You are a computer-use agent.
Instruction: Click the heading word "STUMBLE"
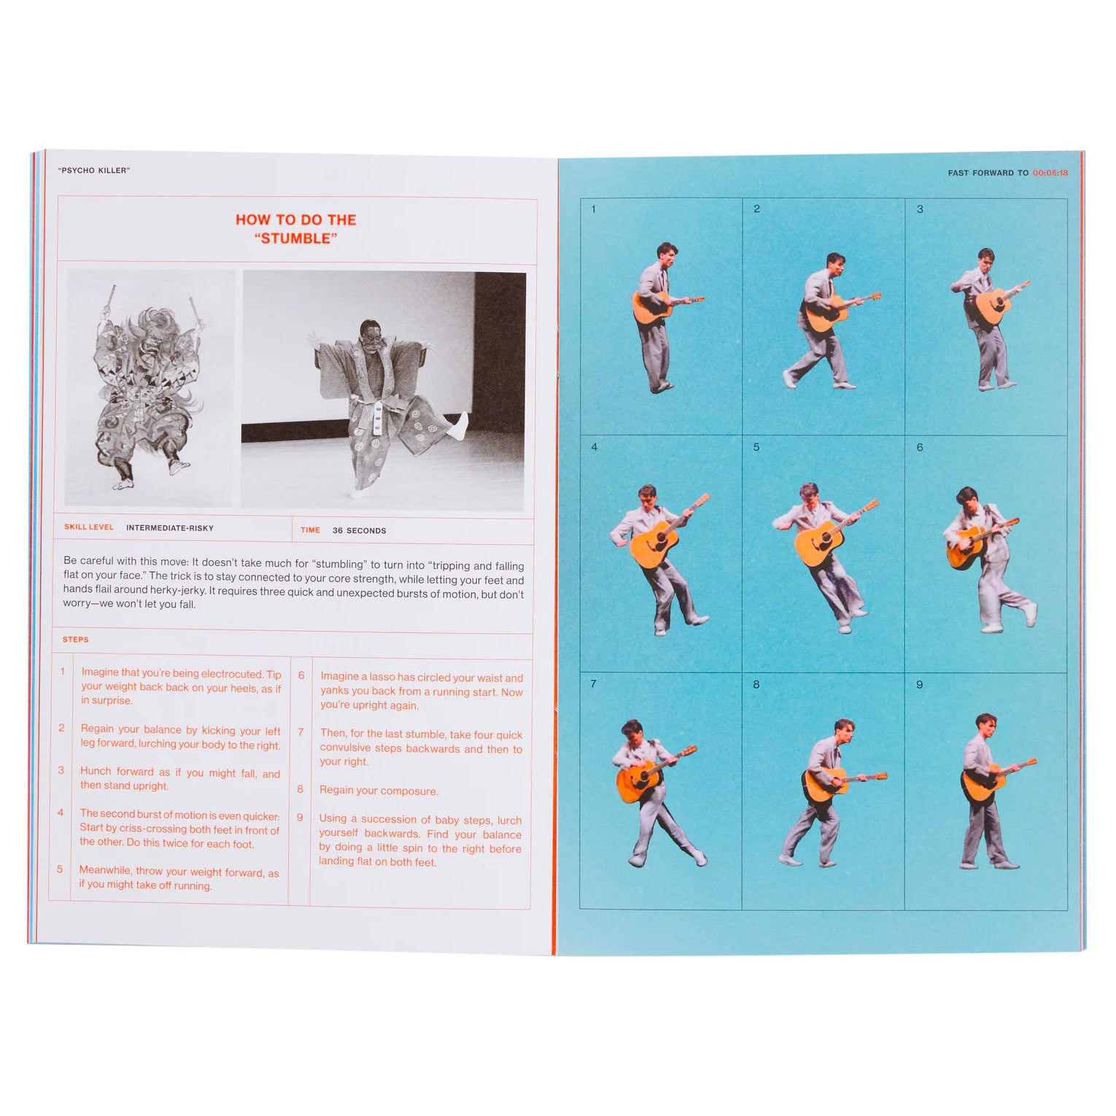[295, 239]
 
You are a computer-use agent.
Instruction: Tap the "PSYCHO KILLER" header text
[94, 170]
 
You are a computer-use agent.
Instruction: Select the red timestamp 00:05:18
[1050, 173]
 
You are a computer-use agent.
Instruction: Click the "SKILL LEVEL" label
[89, 527]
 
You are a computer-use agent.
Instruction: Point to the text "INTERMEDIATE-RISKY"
[170, 527]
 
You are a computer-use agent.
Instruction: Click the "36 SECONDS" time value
[360, 530]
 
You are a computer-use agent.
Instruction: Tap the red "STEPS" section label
[76, 639]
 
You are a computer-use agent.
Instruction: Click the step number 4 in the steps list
[61, 812]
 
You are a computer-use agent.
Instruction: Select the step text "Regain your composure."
[379, 791]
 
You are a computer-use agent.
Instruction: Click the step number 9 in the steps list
[300, 817]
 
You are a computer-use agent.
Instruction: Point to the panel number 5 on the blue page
[756, 446]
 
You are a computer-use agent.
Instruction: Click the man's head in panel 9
[986, 726]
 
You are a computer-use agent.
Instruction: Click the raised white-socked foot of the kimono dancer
[459, 427]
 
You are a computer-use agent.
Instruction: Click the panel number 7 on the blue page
[593, 683]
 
